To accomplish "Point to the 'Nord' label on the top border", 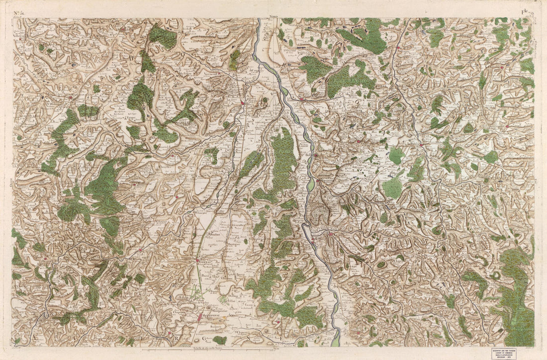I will point(273,16).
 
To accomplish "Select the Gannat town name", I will point(200,261).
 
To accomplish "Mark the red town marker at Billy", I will point(315,155).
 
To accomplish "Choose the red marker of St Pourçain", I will point(242,103).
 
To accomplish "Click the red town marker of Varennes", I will point(301,99).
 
